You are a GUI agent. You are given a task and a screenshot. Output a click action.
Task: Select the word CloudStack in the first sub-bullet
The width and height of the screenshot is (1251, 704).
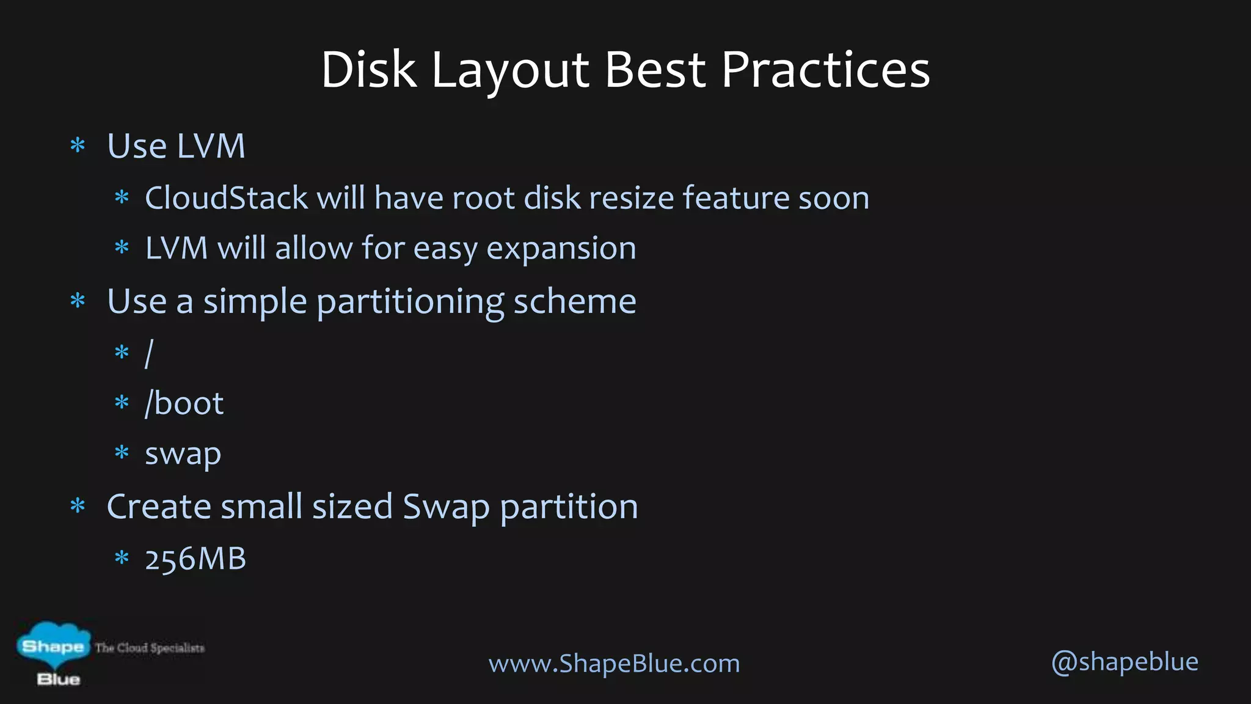coord(226,198)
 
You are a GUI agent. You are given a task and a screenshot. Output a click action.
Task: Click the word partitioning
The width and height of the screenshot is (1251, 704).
coord(410,302)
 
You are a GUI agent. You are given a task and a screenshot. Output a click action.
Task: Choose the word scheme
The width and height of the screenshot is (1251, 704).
coord(575,301)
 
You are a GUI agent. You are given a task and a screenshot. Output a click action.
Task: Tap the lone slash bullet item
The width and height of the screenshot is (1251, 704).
coord(149,353)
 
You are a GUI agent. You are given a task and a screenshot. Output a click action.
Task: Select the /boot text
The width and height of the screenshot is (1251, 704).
coord(184,403)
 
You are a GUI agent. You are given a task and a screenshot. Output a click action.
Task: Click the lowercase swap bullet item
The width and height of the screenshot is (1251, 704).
coord(183,455)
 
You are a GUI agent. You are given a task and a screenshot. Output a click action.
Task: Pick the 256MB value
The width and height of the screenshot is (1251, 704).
coord(195,559)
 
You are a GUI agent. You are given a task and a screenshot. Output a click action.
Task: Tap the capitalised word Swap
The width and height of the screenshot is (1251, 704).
coord(446,508)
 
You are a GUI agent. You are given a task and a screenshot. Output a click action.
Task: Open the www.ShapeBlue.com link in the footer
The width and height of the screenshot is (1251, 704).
coord(614,663)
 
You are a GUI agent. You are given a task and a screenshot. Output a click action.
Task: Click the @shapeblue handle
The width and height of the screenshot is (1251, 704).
coord(1125,662)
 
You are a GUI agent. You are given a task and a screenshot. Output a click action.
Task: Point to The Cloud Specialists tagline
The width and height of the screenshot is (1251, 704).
coord(150,648)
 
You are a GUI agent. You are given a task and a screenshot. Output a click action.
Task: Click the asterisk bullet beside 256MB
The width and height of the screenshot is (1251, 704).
coord(122,557)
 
